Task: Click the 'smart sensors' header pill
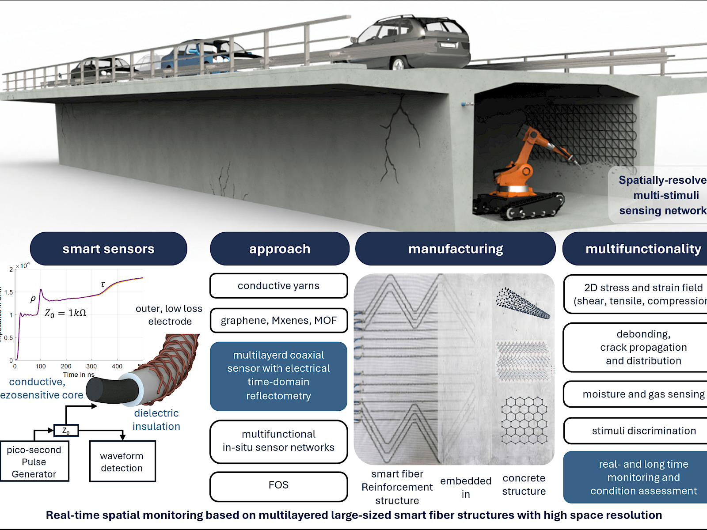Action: pos(108,249)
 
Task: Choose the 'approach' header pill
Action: pos(279,249)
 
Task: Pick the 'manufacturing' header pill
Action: pos(455,249)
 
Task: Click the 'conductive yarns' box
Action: pos(278,286)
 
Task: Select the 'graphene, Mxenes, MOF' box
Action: pos(278,320)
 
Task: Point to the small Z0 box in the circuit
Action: pos(66,430)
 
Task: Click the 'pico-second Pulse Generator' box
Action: pos(34,462)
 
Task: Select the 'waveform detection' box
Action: pos(122,462)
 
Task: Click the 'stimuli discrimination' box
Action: pos(643,431)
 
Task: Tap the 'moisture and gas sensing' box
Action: pos(643,394)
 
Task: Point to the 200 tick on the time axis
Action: pos(66,366)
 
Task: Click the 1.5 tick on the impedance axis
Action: pos(9,292)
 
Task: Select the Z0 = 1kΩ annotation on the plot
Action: pos(65,313)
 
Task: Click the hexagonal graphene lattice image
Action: pos(524,420)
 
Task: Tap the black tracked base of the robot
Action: pos(517,205)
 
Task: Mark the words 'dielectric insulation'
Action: pos(156,420)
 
